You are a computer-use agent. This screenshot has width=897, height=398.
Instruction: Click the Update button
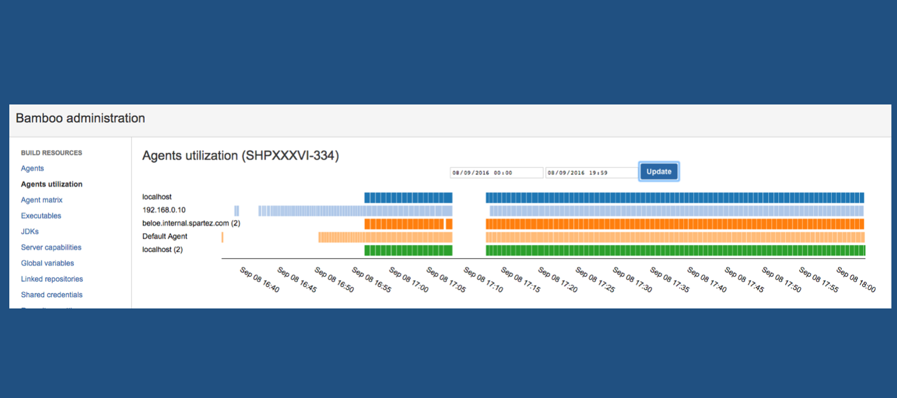pos(658,172)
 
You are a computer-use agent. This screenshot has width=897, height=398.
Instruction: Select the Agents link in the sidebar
pos(32,169)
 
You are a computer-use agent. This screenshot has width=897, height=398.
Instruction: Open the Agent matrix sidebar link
pos(42,200)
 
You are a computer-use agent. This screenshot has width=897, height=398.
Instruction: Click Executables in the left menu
pos(41,216)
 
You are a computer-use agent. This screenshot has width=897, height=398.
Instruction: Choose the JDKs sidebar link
pos(30,231)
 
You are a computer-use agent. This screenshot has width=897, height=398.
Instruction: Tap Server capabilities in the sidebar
pos(51,248)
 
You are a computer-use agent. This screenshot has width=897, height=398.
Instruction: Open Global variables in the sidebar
pos(47,263)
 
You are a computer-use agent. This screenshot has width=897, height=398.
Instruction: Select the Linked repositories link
pos(52,279)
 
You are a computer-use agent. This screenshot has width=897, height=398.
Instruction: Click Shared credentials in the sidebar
pos(52,295)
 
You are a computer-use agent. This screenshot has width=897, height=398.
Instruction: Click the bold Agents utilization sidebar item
pos(52,184)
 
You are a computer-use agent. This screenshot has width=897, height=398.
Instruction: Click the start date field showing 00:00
pos(496,173)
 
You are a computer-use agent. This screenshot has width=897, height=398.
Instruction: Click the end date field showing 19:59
pos(591,173)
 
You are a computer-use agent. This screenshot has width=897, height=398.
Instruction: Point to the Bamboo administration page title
pos(80,118)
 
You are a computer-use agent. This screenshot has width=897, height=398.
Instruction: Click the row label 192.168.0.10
pos(164,210)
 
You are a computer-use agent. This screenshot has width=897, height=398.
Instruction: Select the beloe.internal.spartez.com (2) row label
pos(191,223)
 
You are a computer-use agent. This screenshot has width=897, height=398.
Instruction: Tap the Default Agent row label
pos(165,236)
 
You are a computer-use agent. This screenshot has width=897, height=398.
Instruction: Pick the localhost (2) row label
pos(162,249)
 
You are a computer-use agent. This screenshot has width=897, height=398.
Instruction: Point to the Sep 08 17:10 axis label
pos(483,280)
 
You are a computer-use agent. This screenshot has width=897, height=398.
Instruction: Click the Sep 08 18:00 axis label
pos(855,280)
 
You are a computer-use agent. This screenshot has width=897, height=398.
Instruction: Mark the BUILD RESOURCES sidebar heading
pos(52,153)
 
